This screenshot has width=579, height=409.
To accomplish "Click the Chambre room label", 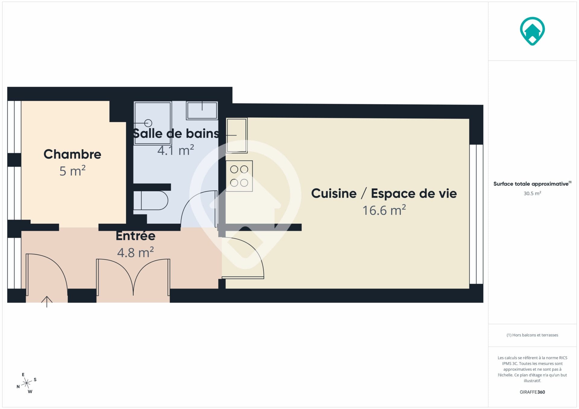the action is [x=72, y=154].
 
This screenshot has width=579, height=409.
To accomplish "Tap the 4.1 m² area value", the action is [x=176, y=150].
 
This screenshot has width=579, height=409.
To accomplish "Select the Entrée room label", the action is [x=135, y=236].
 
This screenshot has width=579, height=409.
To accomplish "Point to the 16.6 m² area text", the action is [x=384, y=210].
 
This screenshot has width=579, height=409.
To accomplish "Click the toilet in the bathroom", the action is [x=151, y=200].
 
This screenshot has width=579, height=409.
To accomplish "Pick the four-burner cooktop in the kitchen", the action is [x=239, y=176].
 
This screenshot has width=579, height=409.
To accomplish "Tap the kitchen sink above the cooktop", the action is [x=237, y=135].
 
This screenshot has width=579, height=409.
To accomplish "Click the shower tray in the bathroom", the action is [x=152, y=123].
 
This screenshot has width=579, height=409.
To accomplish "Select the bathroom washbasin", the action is [x=202, y=111].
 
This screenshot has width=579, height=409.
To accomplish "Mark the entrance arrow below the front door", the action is [x=47, y=302].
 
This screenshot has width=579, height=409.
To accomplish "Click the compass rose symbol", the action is [x=27, y=383].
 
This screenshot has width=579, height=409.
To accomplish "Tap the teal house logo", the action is [x=532, y=31].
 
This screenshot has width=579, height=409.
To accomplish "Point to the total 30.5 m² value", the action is [x=532, y=193].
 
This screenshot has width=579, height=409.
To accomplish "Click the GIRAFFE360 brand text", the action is [x=532, y=392].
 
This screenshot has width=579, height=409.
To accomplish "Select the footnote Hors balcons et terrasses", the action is [x=532, y=335].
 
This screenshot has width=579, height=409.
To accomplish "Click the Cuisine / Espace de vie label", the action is [x=384, y=193].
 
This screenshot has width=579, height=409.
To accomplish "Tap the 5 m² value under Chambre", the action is [x=72, y=171].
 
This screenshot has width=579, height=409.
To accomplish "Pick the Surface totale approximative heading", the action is [x=532, y=184].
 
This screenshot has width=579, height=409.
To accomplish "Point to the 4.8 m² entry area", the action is [x=135, y=252].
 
